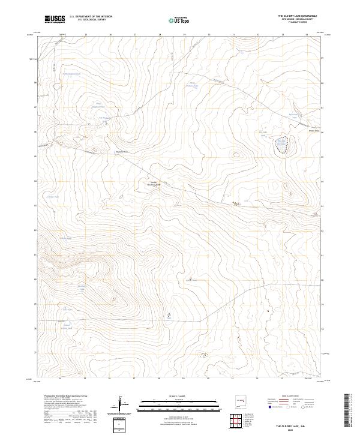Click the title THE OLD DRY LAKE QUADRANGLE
[298, 16]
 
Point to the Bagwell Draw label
[122, 152]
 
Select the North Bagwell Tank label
[72, 74]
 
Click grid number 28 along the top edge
[160, 35]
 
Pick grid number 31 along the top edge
[234, 35]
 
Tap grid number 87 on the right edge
[322, 108]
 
